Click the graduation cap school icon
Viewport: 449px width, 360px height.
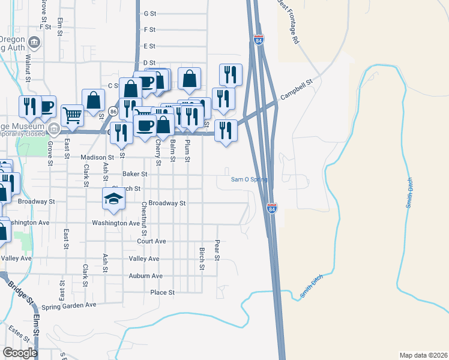(113, 199)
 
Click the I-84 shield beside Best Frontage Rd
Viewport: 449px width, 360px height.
(259, 40)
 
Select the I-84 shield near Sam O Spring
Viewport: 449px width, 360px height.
(272, 208)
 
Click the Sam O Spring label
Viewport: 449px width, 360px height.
(249, 179)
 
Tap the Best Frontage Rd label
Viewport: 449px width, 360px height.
(288, 22)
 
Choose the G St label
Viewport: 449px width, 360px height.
(150, 13)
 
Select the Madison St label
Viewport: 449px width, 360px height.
(97, 157)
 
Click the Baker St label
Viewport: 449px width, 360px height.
(134, 174)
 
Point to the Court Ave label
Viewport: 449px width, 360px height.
(151, 241)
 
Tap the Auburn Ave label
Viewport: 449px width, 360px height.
(145, 276)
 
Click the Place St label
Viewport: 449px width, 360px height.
(162, 293)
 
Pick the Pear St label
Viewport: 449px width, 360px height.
(218, 250)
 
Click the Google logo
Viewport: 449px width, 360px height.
(20, 353)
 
